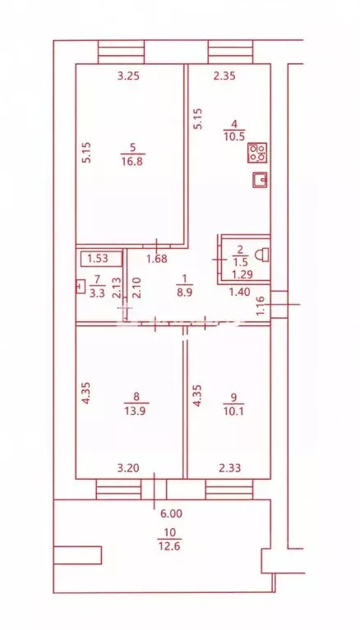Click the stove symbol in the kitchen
[258, 153]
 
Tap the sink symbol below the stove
[260, 180]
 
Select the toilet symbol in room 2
[262, 255]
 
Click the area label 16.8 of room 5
[132, 162]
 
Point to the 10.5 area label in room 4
[234, 136]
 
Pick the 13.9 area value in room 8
[136, 411]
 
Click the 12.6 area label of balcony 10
[169, 545]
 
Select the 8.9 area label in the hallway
[185, 292]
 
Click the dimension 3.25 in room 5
[129, 76]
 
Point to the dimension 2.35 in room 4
[224, 76]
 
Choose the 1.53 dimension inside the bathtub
[98, 259]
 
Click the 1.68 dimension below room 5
[156, 260]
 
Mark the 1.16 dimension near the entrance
[261, 305]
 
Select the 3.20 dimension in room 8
[129, 467]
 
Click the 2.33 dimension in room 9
[229, 467]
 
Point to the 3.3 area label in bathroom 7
[97, 293]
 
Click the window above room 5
[121, 52]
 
